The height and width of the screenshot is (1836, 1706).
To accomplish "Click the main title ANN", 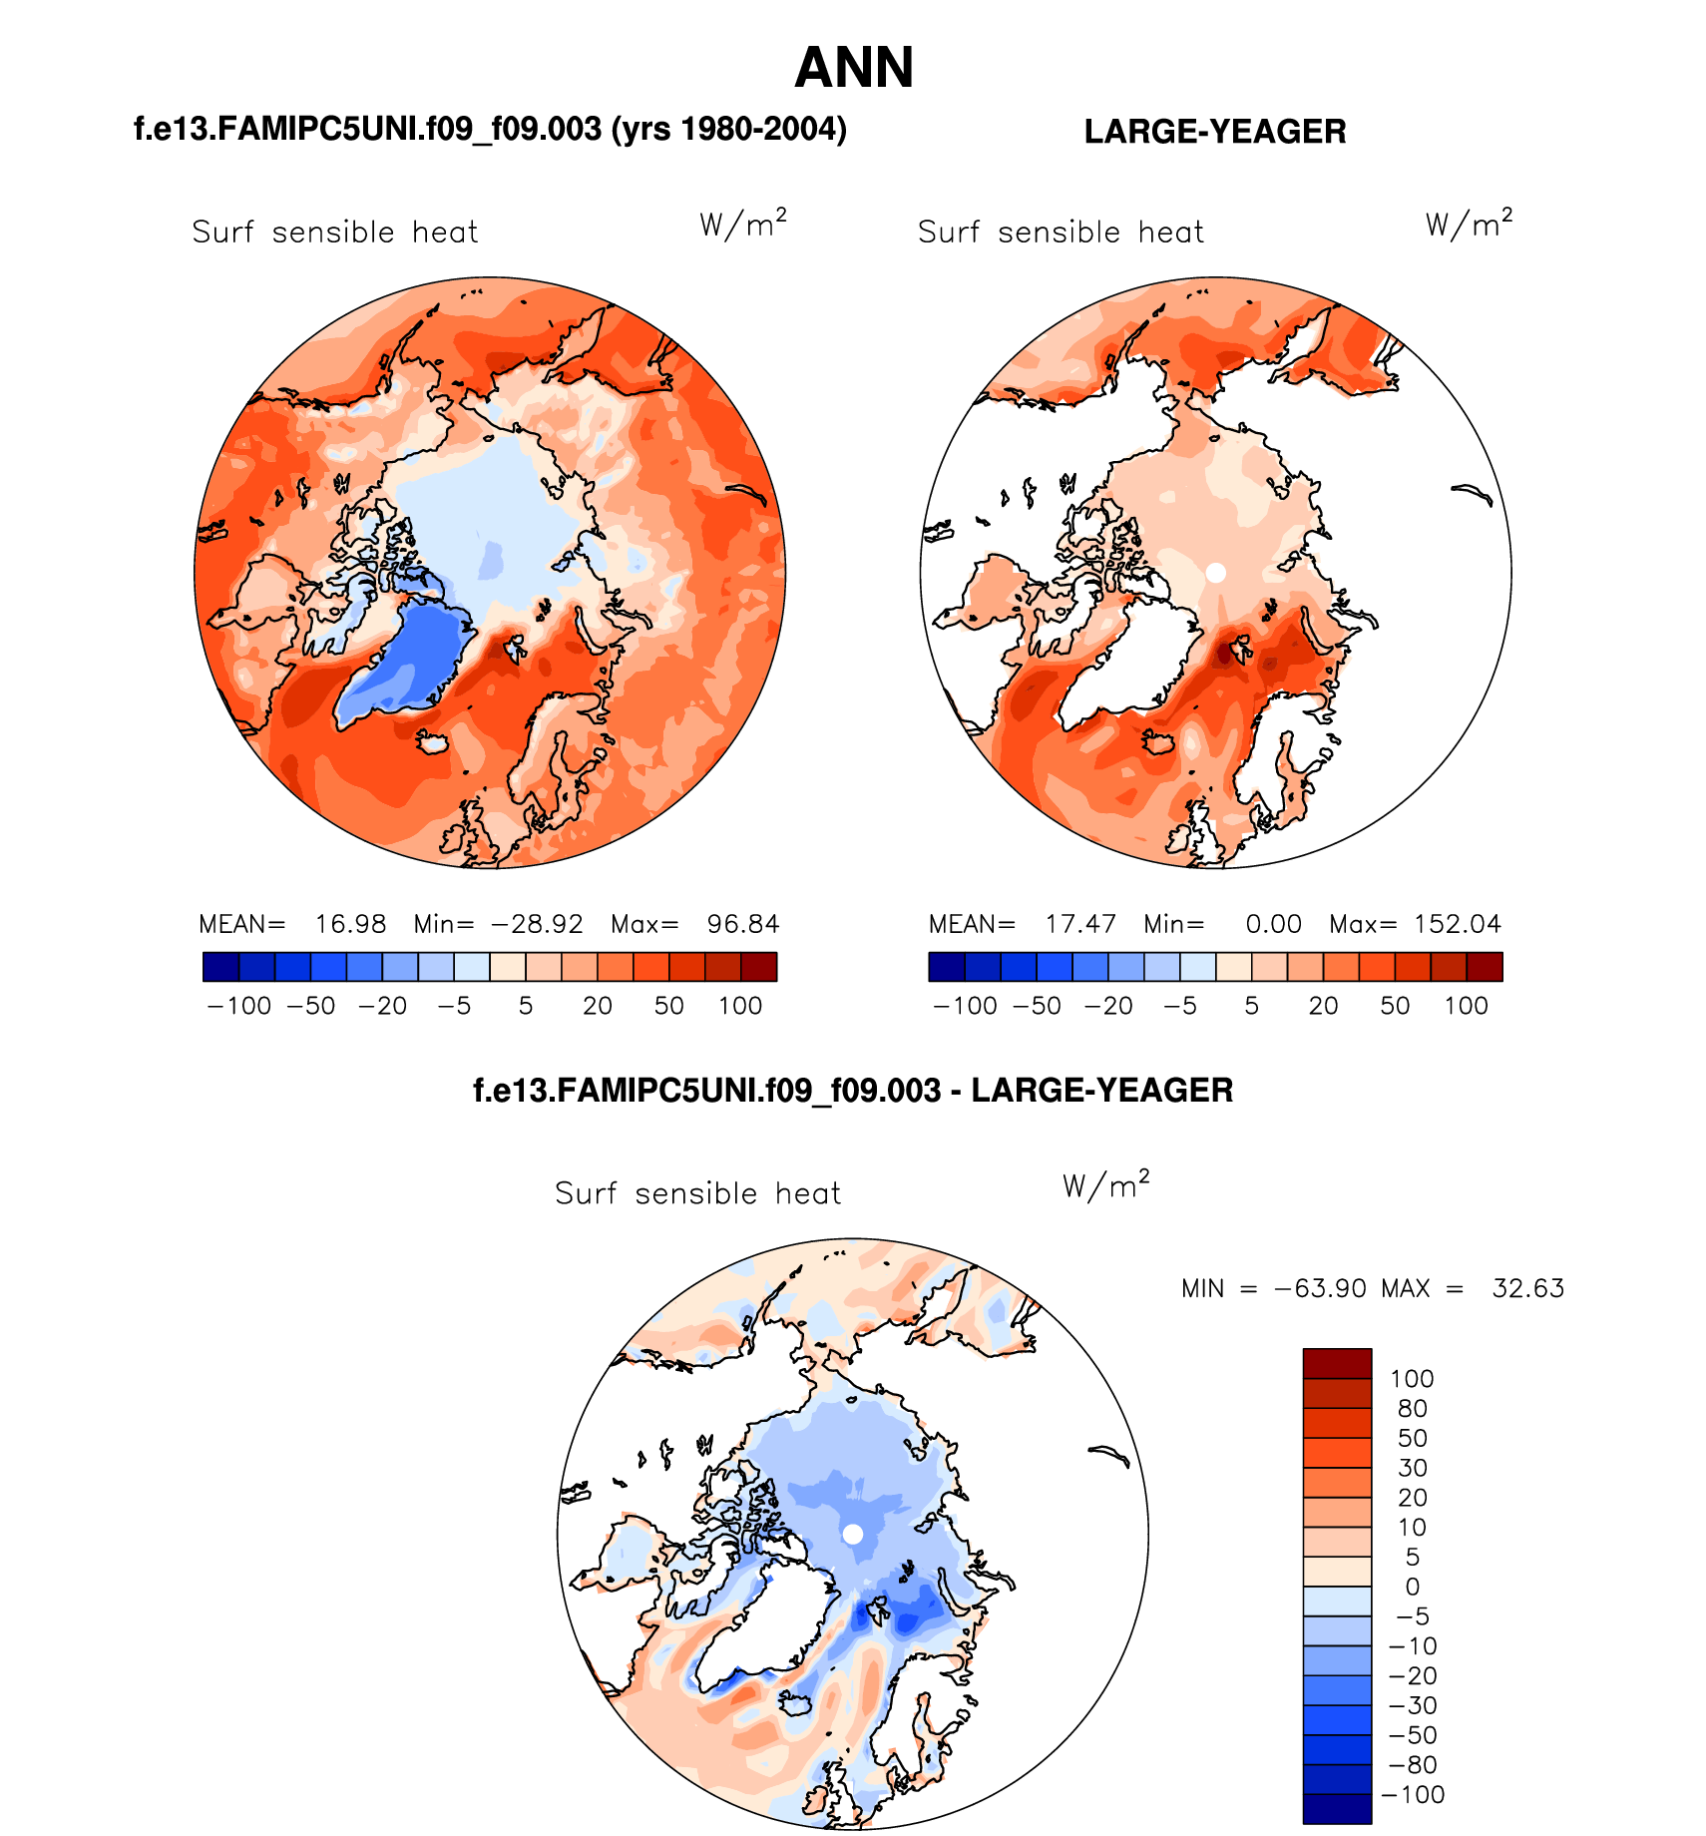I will [x=854, y=68].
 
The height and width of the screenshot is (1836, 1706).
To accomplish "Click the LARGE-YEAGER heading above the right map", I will [x=1214, y=132].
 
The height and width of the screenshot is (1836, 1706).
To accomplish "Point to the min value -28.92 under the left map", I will [x=537, y=924].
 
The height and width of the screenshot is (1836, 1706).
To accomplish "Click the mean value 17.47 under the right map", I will [x=1080, y=924].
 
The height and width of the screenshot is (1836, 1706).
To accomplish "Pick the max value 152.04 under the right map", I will [x=1457, y=924].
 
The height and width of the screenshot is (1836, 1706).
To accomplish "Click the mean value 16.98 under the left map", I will [x=350, y=924].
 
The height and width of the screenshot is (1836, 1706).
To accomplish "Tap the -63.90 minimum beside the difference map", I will [x=1320, y=1288].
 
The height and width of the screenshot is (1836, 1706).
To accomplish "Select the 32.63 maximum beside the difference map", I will [x=1527, y=1288].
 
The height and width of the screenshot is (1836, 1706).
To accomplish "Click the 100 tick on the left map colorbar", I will [x=740, y=1006].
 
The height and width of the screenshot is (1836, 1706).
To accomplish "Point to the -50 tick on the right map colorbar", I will [x=1037, y=1006].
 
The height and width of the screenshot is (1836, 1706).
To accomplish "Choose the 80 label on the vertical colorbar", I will [x=1412, y=1409].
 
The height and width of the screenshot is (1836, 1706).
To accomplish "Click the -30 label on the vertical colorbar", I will [x=1412, y=1705].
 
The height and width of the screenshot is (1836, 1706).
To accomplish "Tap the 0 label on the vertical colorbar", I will [x=1412, y=1587].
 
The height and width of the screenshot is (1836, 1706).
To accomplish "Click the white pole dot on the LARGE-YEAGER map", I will [x=1215, y=573].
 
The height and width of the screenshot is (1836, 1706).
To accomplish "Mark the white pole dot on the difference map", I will [x=853, y=1535].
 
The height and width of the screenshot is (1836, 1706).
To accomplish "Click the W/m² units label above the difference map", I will [x=1105, y=1185].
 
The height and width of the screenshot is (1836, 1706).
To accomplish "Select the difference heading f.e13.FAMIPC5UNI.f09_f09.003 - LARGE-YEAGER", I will [x=853, y=1091].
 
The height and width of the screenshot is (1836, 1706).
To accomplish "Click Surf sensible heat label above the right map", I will [x=1061, y=232].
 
